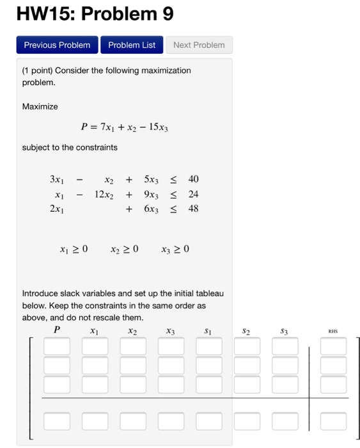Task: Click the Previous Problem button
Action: click(57, 45)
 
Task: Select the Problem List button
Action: click(132, 45)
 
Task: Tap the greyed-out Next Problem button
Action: click(199, 45)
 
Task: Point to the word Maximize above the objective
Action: click(40, 106)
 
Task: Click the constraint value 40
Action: click(193, 179)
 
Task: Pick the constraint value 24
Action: click(193, 194)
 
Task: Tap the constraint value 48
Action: click(193, 209)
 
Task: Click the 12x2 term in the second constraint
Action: click(103, 194)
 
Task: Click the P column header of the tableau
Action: click(56, 331)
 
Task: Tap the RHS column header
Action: click(333, 332)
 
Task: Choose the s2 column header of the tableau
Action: click(246, 332)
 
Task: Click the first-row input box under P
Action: click(57, 346)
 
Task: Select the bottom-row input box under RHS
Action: click(333, 421)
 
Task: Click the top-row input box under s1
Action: click(208, 346)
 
